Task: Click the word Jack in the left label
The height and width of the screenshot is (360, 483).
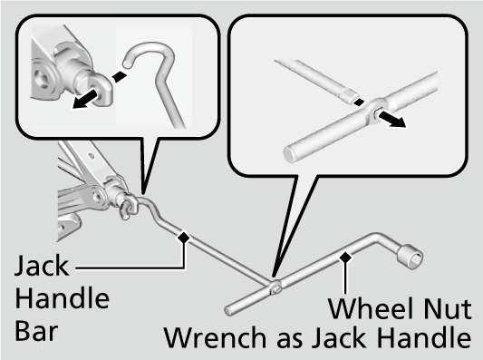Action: pyautogui.click(x=42, y=266)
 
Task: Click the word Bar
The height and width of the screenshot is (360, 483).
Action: pyautogui.click(x=36, y=331)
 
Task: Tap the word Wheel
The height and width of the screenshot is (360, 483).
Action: pyautogui.click(x=369, y=308)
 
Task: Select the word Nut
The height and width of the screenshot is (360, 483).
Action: pyautogui.click(x=448, y=308)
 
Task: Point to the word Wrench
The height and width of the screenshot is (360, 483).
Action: pyautogui.click(x=215, y=337)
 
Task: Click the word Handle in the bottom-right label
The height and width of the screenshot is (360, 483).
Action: pyautogui.click(x=424, y=337)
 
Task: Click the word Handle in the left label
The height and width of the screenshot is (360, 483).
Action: pyautogui.click(x=63, y=298)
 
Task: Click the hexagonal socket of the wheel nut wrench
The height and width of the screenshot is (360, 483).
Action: pyautogui.click(x=411, y=257)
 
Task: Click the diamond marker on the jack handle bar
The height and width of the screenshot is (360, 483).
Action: pyautogui.click(x=184, y=238)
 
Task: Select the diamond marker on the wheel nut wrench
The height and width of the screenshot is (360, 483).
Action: pyautogui.click(x=345, y=257)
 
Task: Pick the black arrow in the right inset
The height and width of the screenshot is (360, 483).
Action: pyautogui.click(x=391, y=120)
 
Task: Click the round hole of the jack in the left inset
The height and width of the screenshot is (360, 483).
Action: pyautogui.click(x=41, y=78)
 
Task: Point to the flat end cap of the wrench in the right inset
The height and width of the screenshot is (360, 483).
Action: pyautogui.click(x=290, y=154)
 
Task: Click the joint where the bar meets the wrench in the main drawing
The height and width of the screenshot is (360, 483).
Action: pyautogui.click(x=275, y=286)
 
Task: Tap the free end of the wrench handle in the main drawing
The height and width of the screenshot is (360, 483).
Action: pyautogui.click(x=228, y=311)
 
